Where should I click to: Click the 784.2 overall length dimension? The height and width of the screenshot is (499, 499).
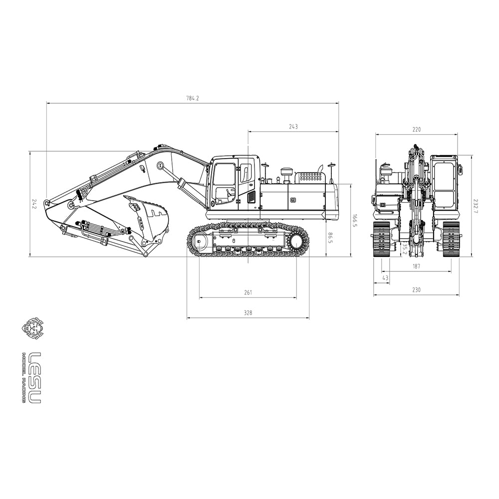(x=193, y=98)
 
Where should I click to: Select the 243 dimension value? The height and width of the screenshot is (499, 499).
(x=293, y=127)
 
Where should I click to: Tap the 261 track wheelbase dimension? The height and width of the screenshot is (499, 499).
(x=248, y=292)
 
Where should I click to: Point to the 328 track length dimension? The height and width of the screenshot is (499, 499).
(x=248, y=313)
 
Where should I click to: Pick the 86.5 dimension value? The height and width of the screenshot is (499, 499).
(x=330, y=238)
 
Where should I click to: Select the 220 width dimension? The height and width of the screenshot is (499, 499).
(x=416, y=130)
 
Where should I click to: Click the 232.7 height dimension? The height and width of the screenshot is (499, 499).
(x=476, y=206)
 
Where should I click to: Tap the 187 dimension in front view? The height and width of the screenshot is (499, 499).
(x=416, y=266)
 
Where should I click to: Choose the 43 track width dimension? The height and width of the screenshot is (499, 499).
(x=385, y=278)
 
